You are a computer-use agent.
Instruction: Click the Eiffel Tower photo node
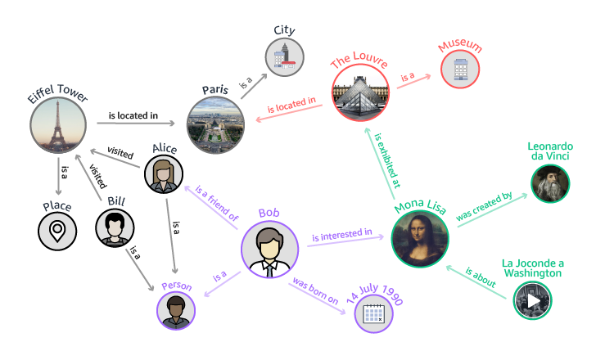[x=58, y=126]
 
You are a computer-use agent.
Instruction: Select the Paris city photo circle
[x=215, y=125]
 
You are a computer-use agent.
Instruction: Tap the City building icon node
[x=284, y=57]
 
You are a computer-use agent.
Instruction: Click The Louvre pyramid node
[x=361, y=92]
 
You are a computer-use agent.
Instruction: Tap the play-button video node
[x=533, y=300]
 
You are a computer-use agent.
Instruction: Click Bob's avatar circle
[x=269, y=249]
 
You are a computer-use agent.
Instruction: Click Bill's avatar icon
[x=115, y=227]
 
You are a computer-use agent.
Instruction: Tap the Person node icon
[x=176, y=308]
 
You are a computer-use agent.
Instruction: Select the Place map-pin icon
[x=57, y=232]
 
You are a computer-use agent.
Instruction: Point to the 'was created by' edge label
[x=484, y=208]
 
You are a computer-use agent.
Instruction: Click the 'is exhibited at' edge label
[x=386, y=161]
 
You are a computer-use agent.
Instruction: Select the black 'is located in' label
[x=133, y=116]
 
